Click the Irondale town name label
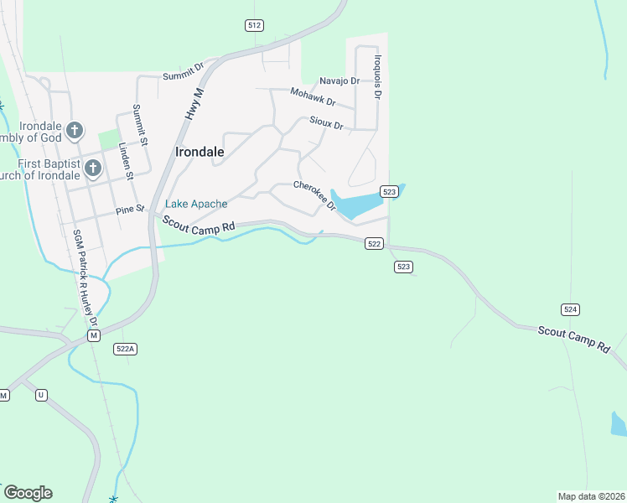(199, 152)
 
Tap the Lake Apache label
(196, 204)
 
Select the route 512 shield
(254, 25)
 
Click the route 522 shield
(374, 244)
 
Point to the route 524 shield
(570, 309)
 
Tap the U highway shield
(41, 394)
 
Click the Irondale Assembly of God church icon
(75, 130)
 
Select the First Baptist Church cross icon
(92, 169)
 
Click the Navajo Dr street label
(339, 81)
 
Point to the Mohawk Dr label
(313, 97)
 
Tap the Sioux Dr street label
(326, 122)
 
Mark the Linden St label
(126, 160)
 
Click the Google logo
(28, 493)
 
